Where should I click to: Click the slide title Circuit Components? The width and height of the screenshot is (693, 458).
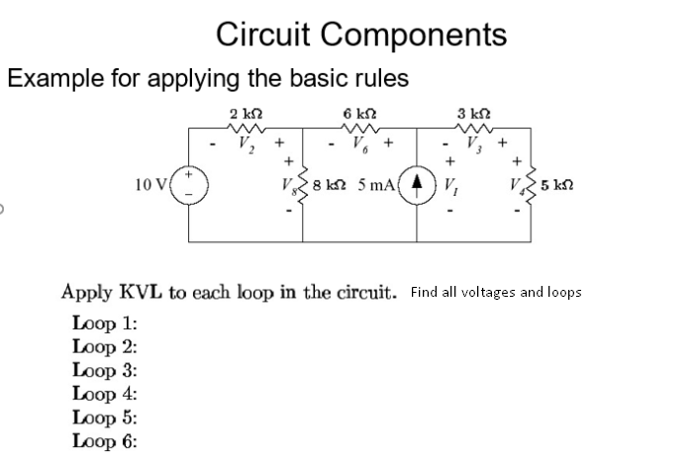click(361, 35)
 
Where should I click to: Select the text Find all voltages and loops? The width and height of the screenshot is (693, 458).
click(494, 293)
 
